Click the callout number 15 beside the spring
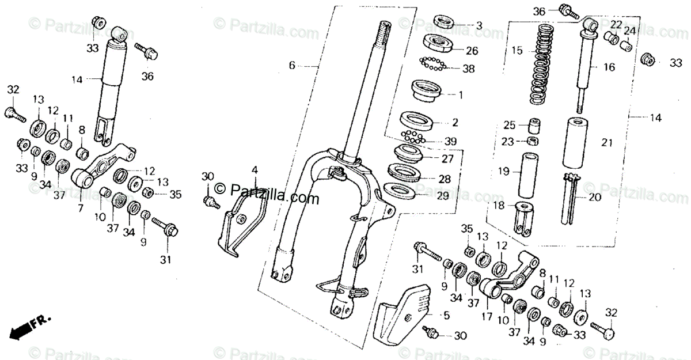pyautogui.click(x=517, y=50)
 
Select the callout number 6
pyautogui.click(x=292, y=66)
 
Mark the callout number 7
pyautogui.click(x=81, y=207)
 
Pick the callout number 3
pyautogui.click(x=479, y=25)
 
